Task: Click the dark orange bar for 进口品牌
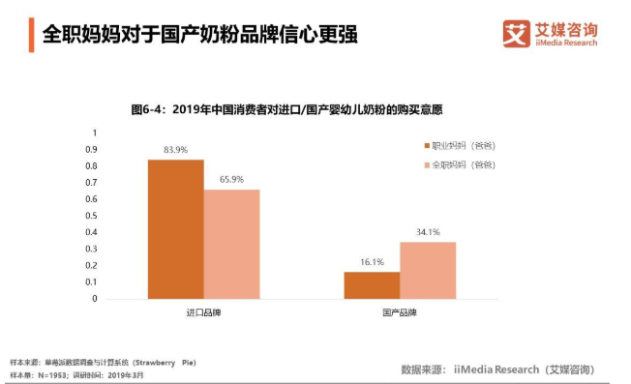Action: [175, 229]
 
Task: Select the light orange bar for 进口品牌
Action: [231, 244]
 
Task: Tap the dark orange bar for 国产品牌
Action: [372, 285]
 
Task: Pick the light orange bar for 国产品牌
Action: [428, 270]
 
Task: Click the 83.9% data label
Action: [175, 150]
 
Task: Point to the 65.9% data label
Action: [231, 180]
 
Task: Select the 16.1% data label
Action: [372, 262]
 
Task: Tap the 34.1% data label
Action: [428, 232]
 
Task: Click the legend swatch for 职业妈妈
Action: [425, 145]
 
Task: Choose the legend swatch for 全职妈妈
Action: [425, 165]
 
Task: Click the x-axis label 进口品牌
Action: [203, 313]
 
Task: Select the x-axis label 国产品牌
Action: [400, 313]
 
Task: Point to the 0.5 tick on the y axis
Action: [93, 216]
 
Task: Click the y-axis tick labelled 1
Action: [95, 133]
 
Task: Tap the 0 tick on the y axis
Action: [95, 299]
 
